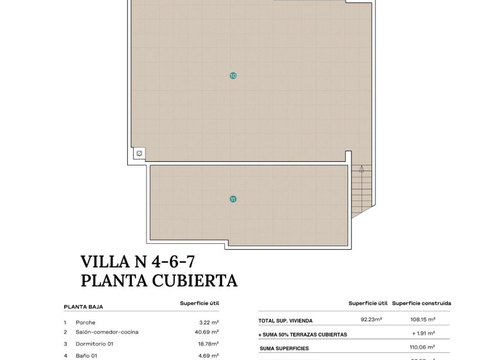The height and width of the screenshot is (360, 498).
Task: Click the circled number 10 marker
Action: click(x=233, y=76)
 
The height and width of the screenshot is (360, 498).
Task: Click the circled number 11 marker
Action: click(x=233, y=199)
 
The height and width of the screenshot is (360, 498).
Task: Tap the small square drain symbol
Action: click(x=139, y=154)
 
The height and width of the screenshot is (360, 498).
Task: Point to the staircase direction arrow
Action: click(x=361, y=170)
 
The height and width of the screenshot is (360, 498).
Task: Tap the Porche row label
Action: click(x=86, y=322)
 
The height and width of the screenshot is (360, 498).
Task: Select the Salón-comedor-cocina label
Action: click(x=107, y=332)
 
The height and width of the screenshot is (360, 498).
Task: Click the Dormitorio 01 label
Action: click(x=95, y=344)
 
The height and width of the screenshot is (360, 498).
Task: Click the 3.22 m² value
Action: click(x=209, y=322)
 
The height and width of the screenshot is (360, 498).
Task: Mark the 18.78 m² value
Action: click(x=208, y=344)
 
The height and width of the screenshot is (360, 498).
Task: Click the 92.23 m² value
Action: click(x=371, y=320)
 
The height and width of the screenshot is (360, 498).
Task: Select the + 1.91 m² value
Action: click(x=425, y=334)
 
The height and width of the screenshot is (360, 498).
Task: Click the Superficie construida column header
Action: click(x=422, y=304)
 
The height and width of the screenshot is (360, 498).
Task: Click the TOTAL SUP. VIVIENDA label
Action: click(x=286, y=321)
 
